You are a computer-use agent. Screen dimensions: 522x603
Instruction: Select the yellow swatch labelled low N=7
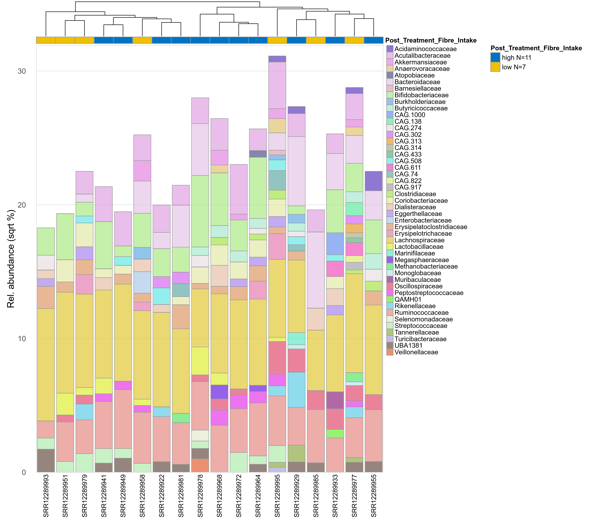pos(495,67)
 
